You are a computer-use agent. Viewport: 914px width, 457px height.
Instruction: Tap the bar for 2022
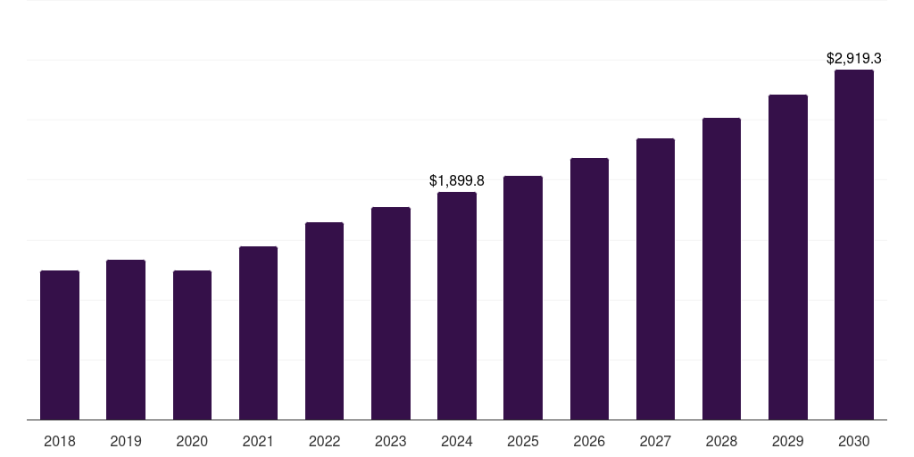(x=324, y=320)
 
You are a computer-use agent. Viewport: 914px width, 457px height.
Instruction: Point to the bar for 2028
(x=721, y=268)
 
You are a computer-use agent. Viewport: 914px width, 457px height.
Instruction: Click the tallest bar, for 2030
(x=854, y=245)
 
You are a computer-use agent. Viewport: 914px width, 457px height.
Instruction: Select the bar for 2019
(x=126, y=339)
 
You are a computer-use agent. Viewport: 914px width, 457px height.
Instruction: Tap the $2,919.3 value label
(x=854, y=59)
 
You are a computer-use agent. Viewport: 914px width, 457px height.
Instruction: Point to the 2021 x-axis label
(x=258, y=441)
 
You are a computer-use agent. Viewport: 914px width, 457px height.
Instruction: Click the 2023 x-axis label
(x=391, y=441)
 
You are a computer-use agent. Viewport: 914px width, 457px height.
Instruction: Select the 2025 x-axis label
(x=523, y=441)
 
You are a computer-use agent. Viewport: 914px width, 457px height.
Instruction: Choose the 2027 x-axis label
(x=655, y=441)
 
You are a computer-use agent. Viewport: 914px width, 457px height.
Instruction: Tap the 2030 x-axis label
(x=854, y=441)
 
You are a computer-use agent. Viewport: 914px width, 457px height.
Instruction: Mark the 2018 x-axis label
(x=60, y=441)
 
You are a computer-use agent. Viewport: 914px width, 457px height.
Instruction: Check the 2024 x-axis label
(x=457, y=441)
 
